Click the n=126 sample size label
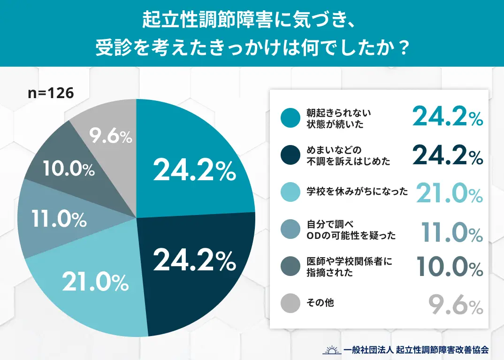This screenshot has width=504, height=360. (51, 93)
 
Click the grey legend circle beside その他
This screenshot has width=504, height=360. (290, 303)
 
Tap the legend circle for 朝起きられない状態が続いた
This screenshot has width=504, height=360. (290, 118)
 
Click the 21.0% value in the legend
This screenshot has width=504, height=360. (450, 193)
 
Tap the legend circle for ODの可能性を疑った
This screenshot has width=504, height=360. (290, 230)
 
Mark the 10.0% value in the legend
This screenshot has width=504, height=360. (450, 268)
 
